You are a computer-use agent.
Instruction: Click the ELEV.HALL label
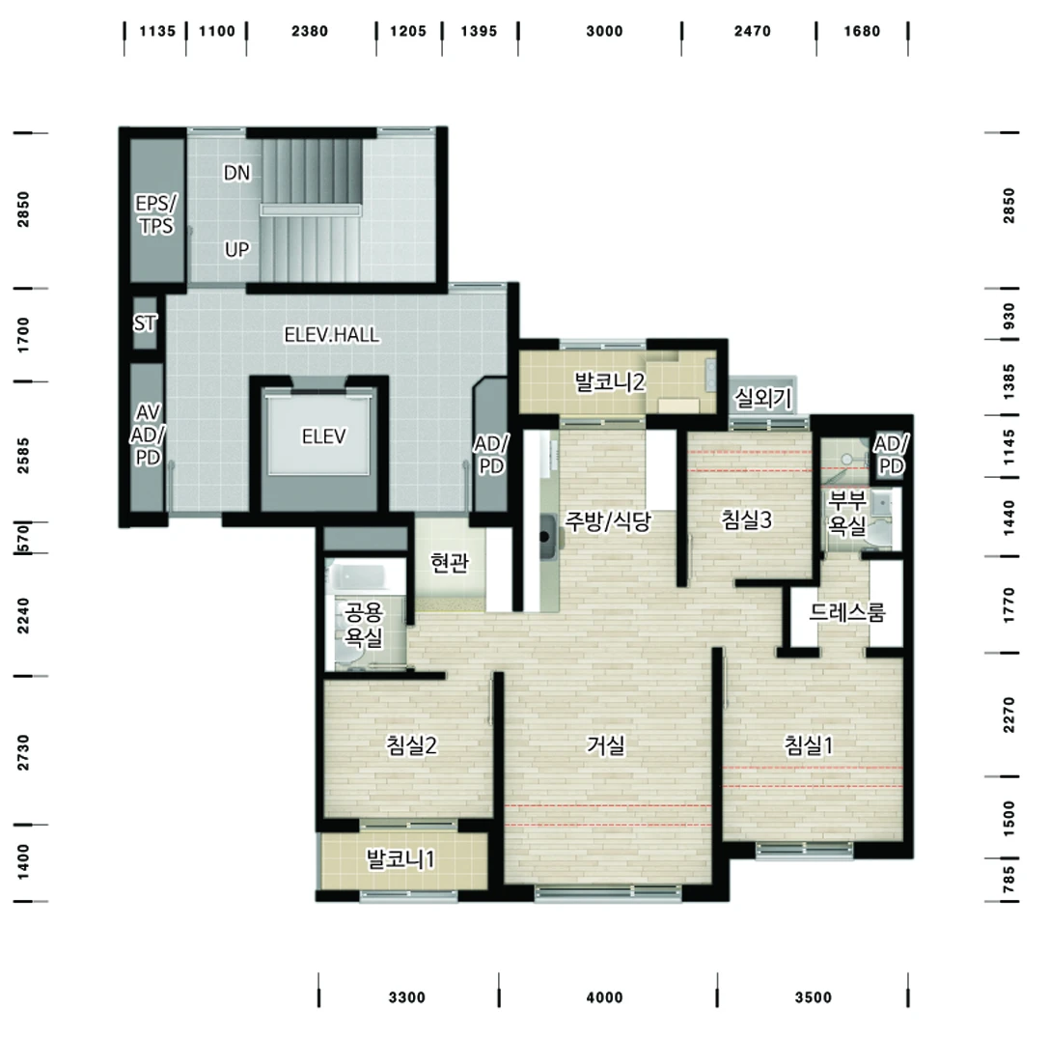coord(332,334)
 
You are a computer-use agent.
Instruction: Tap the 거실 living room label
coord(605,744)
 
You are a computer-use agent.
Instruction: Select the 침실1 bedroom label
coord(809,744)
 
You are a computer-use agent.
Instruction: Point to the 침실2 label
coord(411,744)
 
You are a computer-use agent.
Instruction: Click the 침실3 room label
coord(746,519)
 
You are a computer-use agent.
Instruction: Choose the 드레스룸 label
coord(847,611)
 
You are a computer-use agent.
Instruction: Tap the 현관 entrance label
coord(450,562)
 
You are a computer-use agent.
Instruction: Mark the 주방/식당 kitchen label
coord(607,520)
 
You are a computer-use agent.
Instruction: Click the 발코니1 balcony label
coord(400,858)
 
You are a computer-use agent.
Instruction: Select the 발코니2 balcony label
coord(610,381)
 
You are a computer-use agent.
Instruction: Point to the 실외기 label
coord(762,398)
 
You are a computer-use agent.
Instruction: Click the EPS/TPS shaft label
coord(156,214)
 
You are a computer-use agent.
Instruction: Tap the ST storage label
coord(145,323)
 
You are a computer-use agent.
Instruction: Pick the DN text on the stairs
coord(236,173)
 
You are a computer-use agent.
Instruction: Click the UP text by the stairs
coord(236,250)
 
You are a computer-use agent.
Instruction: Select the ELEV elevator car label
coord(324,436)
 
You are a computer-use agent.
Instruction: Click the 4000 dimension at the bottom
coord(605,997)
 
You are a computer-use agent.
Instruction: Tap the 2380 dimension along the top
coord(310,31)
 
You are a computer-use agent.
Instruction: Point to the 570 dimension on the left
coord(23,538)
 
